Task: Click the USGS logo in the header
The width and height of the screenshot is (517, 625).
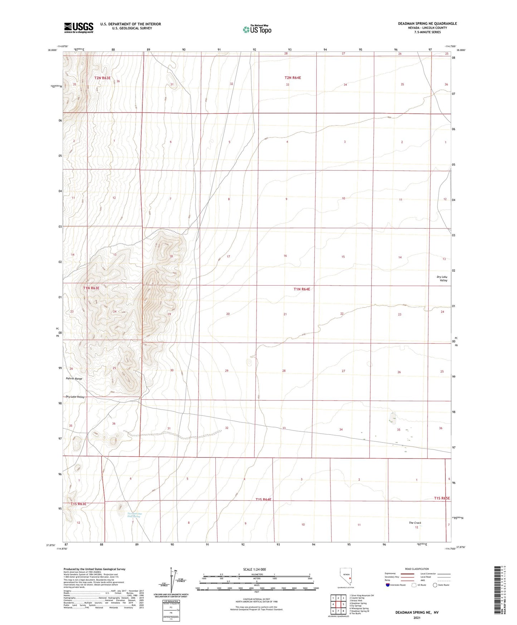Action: (x=79, y=28)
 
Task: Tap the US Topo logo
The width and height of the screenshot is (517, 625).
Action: (x=257, y=29)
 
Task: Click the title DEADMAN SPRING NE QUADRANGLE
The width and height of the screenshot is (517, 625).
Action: (x=427, y=24)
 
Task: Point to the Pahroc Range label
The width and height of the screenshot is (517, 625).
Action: (x=74, y=378)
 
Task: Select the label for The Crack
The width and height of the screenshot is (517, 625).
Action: (x=415, y=523)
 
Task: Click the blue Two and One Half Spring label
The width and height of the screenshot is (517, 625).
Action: (x=134, y=515)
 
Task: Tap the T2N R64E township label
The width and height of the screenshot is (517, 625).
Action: (x=293, y=78)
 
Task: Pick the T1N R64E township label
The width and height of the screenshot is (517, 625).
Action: (x=302, y=289)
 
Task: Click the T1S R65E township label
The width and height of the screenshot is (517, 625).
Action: (x=442, y=498)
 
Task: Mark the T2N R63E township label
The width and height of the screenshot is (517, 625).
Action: (x=102, y=78)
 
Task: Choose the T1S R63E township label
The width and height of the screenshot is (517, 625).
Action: (x=78, y=504)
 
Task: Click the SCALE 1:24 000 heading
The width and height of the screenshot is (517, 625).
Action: (x=254, y=569)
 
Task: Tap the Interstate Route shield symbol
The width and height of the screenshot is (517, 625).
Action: (x=388, y=585)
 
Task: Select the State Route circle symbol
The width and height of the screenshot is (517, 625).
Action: (x=435, y=585)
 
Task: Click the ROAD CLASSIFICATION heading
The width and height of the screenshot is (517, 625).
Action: (x=417, y=569)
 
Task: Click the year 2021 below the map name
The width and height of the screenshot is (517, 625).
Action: (x=416, y=618)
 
